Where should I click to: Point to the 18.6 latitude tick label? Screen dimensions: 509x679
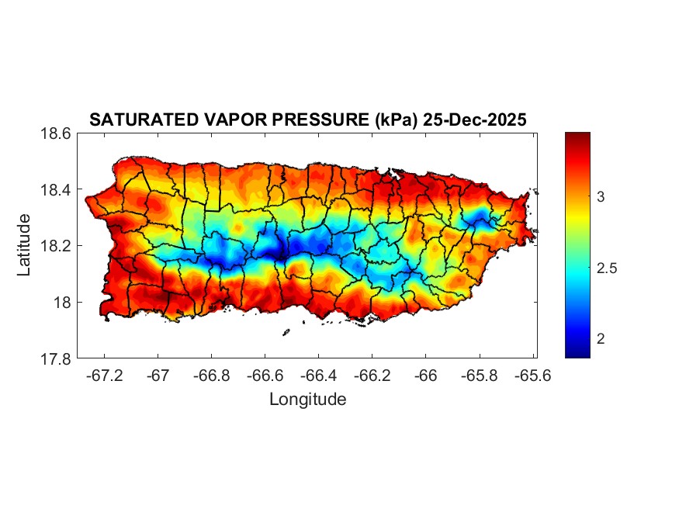coord(56,133)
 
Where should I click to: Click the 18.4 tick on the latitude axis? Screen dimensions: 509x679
coord(56,190)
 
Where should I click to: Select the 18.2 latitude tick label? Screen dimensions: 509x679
coord(56,246)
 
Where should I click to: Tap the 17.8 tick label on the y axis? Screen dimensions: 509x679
coord(56,358)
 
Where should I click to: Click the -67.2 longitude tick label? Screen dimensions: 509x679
coord(106,375)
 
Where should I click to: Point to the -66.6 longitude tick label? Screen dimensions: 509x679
coord(265,375)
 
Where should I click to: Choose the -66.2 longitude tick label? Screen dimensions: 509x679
coord(372,375)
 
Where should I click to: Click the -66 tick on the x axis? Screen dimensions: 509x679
coord(426,375)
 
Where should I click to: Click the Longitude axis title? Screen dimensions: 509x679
coord(307,400)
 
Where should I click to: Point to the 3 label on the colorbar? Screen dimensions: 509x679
coord(602,197)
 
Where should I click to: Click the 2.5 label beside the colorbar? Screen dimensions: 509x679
coord(608,268)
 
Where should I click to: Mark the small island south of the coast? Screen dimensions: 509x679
coord(286,333)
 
